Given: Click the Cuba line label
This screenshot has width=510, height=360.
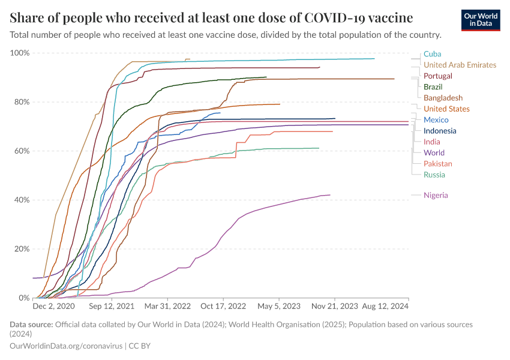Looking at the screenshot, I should [432, 54].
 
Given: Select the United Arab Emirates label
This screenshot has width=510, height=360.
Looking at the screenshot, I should [460, 65].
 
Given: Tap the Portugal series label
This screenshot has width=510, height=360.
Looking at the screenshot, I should [437, 76].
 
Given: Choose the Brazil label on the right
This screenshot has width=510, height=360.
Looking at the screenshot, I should [433, 87].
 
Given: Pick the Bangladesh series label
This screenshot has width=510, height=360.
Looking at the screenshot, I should [443, 98].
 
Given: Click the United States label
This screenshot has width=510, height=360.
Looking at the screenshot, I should [446, 109].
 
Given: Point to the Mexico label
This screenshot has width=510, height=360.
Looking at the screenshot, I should [436, 120].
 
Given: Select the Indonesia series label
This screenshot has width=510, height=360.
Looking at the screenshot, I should [440, 131].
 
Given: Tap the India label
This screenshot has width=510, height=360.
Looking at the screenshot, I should [432, 142].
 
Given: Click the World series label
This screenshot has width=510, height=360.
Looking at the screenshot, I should [434, 152].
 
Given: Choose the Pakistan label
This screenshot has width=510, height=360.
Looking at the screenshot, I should [438, 164].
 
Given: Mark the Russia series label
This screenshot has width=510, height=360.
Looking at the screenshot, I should [434, 175].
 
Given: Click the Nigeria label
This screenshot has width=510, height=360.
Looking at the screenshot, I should [436, 195].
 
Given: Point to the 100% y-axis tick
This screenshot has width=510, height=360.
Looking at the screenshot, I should [20, 53].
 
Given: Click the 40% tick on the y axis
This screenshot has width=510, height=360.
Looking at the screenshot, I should [22, 200].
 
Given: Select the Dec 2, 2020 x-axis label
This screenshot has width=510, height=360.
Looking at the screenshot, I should [53, 306].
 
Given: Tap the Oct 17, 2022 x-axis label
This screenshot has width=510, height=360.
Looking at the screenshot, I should [223, 306].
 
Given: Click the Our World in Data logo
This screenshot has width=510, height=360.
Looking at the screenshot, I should [481, 20].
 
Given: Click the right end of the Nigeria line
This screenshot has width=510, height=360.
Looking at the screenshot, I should [330, 194].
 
